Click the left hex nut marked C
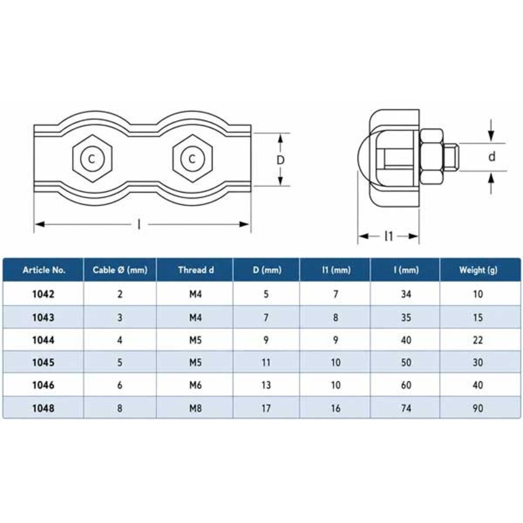click(92, 158)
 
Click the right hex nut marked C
click(193, 158)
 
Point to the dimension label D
click(281, 160)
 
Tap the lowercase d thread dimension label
click(492, 156)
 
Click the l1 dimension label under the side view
click(389, 236)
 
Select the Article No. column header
click(44, 270)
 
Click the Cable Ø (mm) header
click(120, 270)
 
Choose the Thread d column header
click(196, 270)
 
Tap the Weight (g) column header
click(478, 270)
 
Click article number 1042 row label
click(43, 294)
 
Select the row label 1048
click(43, 409)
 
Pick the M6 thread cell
click(196, 385)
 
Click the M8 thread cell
click(196, 409)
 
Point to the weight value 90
click(478, 409)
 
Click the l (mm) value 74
click(406, 409)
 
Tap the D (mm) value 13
click(266, 385)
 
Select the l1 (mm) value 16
click(336, 409)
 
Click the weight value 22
click(478, 340)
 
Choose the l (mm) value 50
click(406, 362)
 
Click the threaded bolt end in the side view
click(451, 156)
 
